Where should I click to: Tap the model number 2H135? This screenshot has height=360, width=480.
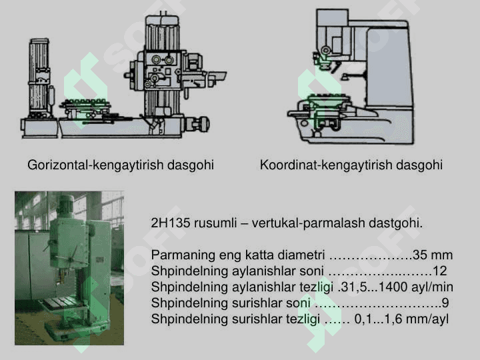tap(171, 223)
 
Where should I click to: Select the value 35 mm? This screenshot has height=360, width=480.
tap(433, 255)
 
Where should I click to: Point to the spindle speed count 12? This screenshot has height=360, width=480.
tap(439, 271)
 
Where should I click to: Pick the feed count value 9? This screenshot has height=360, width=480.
tap(445, 303)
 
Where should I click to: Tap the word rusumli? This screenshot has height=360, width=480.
tap(215, 223)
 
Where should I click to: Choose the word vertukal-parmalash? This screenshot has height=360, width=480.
tap(308, 223)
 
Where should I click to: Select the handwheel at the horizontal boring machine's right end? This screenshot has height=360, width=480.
tap(201, 124)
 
